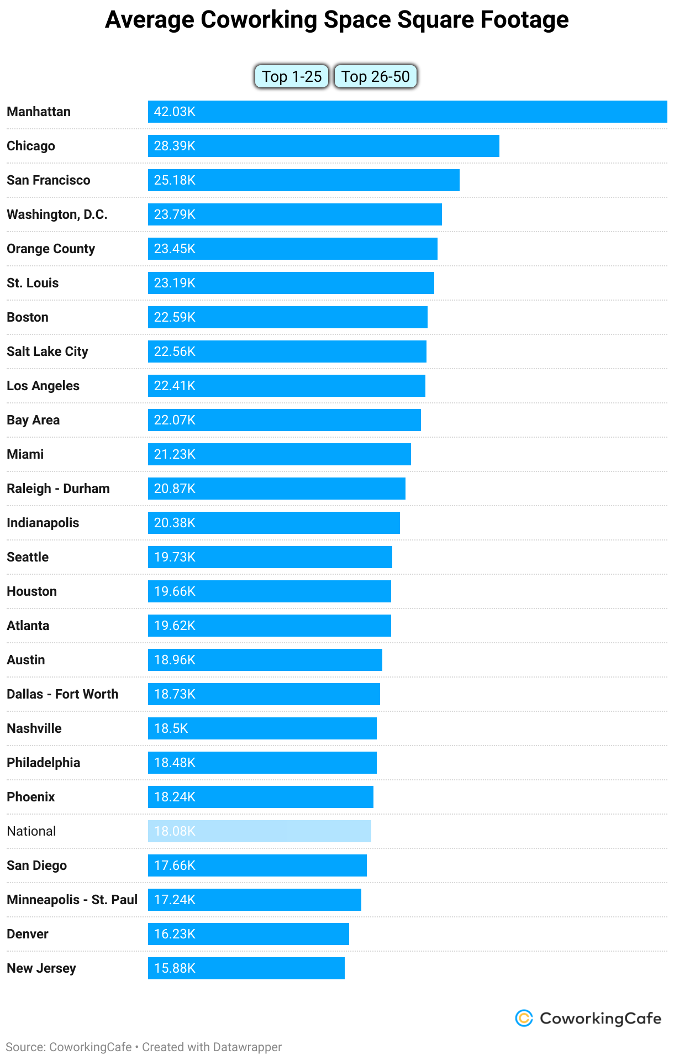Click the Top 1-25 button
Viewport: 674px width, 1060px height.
coord(292,76)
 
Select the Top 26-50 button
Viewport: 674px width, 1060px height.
coord(375,76)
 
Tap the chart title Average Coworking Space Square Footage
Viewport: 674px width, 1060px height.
coord(336,20)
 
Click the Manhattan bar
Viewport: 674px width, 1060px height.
coord(407,112)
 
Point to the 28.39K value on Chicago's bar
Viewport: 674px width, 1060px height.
coord(175,146)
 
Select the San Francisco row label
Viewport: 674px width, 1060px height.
coord(49,180)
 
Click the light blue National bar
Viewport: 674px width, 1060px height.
coord(259,831)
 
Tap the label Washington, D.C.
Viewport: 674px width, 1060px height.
coord(57,214)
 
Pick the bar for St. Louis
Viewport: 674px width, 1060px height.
coord(291,283)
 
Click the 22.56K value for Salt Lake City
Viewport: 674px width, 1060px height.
coord(175,351)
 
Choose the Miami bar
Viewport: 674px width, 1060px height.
coord(279,454)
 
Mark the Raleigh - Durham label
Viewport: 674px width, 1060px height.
coord(58,489)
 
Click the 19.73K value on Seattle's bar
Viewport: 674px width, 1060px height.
coord(175,557)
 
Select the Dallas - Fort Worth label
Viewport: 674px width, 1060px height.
coord(62,694)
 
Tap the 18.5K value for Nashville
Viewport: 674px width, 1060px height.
coord(171,728)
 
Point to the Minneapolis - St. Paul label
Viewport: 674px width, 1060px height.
coord(72,900)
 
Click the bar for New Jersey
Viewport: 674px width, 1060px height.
coord(246,968)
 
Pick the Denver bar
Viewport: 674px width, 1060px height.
coord(248,934)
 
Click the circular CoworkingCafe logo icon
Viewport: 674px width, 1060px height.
coord(524,1018)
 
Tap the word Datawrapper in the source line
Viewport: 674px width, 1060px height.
coord(247,1047)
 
